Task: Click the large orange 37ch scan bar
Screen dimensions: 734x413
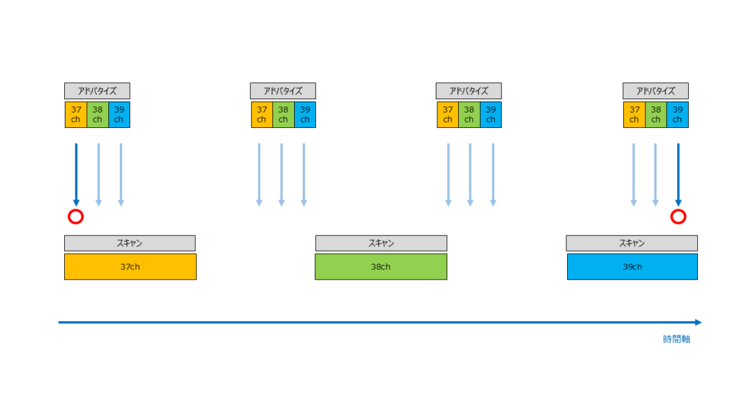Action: (130, 267)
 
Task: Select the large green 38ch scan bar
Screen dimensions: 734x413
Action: (380, 267)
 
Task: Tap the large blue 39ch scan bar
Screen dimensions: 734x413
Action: (632, 267)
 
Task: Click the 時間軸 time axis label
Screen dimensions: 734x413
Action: (677, 339)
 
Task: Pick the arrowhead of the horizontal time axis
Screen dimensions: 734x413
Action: (698, 322)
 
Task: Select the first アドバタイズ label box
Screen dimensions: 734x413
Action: (97, 91)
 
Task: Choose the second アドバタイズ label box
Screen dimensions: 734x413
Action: (283, 91)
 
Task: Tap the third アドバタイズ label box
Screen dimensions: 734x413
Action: (469, 91)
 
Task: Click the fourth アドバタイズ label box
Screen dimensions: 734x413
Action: (655, 91)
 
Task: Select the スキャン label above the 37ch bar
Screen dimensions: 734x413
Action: (130, 244)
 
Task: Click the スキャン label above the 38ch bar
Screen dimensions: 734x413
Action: (381, 244)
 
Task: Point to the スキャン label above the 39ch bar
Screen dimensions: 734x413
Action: (632, 244)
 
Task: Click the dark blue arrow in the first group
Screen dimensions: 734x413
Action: (76, 175)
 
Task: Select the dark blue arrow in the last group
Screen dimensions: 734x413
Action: (678, 175)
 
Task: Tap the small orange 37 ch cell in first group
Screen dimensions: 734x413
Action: (76, 115)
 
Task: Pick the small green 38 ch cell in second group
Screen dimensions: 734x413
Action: (283, 115)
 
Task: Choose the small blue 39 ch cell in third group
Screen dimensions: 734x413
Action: (491, 115)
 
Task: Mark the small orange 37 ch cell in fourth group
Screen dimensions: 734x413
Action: (634, 115)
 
